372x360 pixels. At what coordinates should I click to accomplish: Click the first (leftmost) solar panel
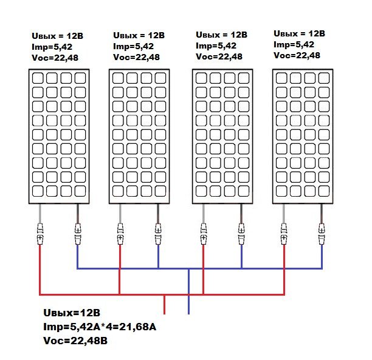(59, 136)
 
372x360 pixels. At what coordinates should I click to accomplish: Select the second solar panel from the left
(139, 136)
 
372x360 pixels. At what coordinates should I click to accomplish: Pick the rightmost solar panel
(303, 136)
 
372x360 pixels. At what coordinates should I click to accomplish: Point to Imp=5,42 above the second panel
(133, 46)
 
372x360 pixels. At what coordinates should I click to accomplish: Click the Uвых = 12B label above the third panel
(221, 35)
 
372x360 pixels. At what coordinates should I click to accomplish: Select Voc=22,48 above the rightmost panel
(298, 55)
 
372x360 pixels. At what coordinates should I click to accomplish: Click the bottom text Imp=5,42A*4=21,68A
(100, 327)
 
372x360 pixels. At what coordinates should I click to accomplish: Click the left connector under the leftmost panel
(40, 234)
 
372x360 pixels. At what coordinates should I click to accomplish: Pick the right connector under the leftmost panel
(78, 234)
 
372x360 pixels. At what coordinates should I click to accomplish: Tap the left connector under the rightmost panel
(283, 234)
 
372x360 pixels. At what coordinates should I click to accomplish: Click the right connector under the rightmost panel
(322, 234)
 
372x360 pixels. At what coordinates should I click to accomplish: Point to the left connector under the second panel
(120, 234)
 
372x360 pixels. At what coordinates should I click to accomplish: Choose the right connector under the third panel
(241, 234)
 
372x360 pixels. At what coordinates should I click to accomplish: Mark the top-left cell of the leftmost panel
(38, 78)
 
